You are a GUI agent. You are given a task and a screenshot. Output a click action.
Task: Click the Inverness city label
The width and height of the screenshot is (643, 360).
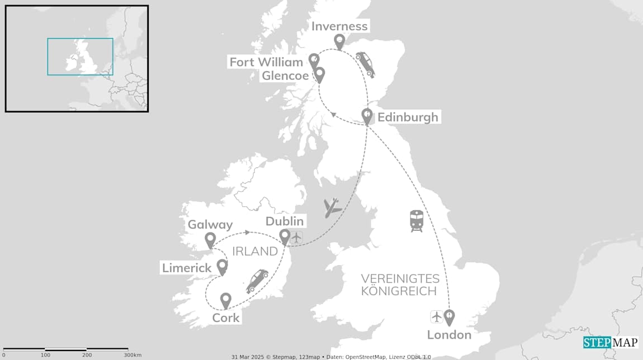pos(339,26)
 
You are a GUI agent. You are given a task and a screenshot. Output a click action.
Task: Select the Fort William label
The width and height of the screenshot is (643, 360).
pos(266,62)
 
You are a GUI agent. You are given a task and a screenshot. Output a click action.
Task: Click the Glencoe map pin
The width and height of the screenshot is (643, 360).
pos(319,74)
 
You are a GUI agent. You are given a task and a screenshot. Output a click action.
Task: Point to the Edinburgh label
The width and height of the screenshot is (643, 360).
pos(408,117)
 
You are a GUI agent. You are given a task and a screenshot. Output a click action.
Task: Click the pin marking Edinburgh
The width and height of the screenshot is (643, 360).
pos(367,116)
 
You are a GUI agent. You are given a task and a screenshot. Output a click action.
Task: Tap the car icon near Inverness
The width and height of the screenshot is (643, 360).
pos(365,64)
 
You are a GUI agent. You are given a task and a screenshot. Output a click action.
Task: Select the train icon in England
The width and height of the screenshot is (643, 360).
pos(416,221)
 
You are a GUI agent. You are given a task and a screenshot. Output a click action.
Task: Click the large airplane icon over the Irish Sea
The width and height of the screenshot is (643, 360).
pos(333,208)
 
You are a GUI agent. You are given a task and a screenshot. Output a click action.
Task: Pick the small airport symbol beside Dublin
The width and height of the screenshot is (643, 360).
pos(296,238)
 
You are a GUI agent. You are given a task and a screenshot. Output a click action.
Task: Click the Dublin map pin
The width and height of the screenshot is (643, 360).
pos(285,236)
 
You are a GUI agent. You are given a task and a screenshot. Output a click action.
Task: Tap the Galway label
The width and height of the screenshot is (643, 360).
pos(210,225)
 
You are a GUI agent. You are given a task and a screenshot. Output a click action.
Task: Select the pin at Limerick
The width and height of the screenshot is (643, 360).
pos(222,267)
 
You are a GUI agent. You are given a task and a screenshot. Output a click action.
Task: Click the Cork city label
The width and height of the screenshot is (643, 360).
pos(226,318)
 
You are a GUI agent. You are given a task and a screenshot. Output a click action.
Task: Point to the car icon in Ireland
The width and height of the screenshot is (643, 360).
pos(257,281)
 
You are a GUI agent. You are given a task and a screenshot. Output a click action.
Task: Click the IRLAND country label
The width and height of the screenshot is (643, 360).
pos(255,252)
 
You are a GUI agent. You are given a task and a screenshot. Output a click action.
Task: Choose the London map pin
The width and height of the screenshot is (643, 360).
pos(449,317)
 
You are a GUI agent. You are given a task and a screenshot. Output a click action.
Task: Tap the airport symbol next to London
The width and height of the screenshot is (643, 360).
pos(437,317)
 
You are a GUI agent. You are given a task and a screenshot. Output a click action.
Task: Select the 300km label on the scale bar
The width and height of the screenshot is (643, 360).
pos(133,355)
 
